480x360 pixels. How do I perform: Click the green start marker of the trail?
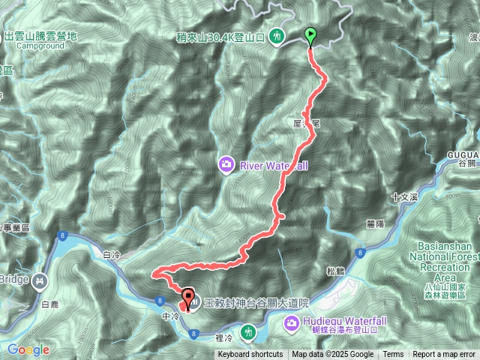[x=310, y=34]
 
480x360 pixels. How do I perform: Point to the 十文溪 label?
[x=403, y=196]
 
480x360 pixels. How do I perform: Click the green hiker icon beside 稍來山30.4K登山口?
[x=277, y=35]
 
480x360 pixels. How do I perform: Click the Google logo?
[x=28, y=349]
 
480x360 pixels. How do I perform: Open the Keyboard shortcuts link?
[x=250, y=355]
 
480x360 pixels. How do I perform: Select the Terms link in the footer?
[x=393, y=355]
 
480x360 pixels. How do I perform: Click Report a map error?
[x=444, y=355]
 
